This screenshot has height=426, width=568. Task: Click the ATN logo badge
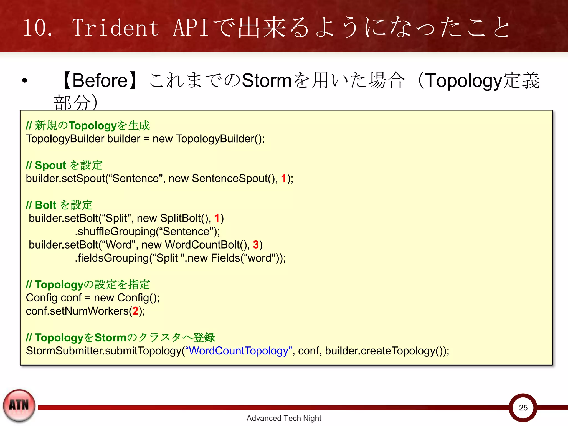coord(19,405)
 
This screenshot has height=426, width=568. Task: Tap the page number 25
coord(523,407)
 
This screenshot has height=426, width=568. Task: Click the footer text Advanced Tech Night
coord(284,418)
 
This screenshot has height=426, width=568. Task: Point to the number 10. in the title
coord(37,28)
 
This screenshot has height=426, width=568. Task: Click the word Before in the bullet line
coord(100,81)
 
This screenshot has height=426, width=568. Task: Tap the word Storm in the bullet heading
coord(267,81)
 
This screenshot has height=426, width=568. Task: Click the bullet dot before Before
coord(25,81)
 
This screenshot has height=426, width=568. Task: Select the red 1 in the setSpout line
coord(283,178)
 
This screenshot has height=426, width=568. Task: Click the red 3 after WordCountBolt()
coord(255,245)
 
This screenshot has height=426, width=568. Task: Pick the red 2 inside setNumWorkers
coord(135,311)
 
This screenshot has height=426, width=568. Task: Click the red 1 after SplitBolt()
coord(217,218)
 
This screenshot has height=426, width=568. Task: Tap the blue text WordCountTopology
coord(239,351)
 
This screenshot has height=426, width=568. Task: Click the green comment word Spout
coord(50,165)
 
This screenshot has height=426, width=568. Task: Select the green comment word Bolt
coord(45,205)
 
